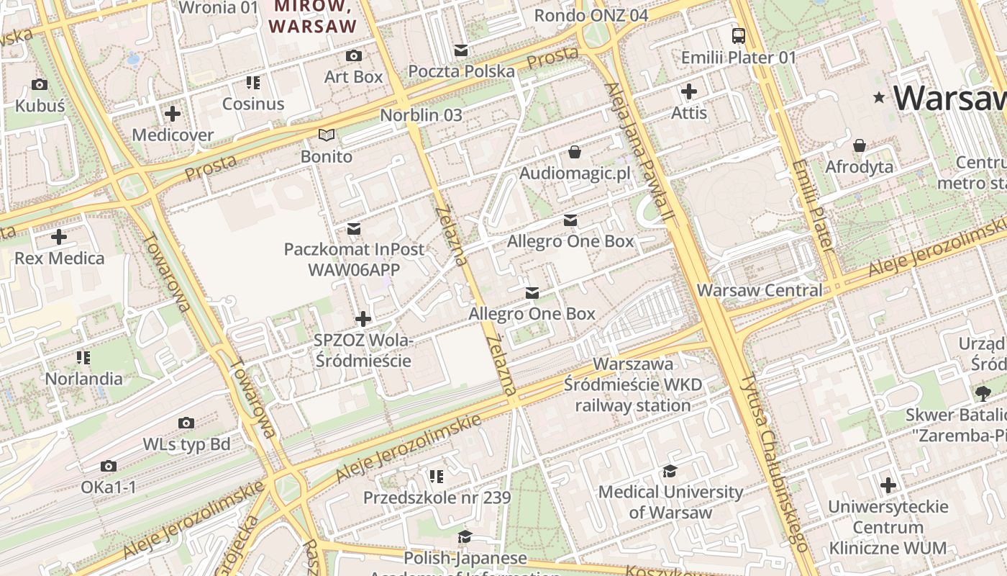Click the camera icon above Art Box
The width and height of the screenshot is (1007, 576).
[353, 55]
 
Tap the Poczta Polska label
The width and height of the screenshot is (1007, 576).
[462, 71]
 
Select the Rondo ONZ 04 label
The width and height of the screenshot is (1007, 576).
[591, 15]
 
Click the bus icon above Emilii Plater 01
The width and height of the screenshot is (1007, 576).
[739, 35]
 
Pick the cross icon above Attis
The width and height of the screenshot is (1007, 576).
[689, 91]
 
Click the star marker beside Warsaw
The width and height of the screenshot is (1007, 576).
[878, 97]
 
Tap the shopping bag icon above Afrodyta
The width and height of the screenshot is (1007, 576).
[859, 146]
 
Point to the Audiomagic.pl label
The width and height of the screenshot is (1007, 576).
[575, 173]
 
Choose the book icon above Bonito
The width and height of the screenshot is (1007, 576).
[327, 135]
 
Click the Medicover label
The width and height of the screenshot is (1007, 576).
[173, 135]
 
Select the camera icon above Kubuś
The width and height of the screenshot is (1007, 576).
[40, 85]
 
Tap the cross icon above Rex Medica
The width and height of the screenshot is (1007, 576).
[59, 236]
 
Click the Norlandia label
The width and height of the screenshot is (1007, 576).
[83, 378]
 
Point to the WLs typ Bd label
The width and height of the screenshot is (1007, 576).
[186, 444]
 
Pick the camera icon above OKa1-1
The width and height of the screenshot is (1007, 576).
[109, 467]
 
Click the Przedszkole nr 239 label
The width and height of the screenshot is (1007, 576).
[437, 498]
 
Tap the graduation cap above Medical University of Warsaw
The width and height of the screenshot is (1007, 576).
[670, 471]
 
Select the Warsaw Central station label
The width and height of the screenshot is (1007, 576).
[760, 290]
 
